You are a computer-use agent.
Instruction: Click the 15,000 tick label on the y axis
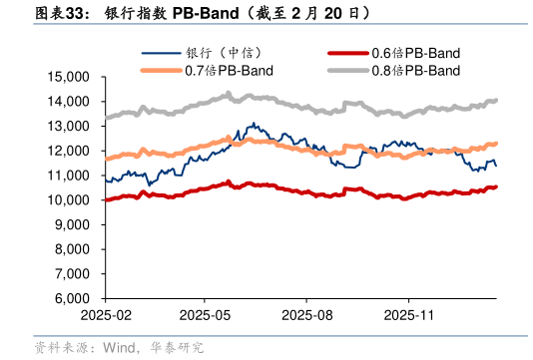[68, 77]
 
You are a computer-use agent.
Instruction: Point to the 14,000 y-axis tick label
[68, 102]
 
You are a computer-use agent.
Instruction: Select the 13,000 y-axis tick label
[68, 127]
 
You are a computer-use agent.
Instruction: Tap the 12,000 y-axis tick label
[68, 151]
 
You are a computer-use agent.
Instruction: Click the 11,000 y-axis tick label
[68, 176]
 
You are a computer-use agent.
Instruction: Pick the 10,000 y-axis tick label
[68, 200]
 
